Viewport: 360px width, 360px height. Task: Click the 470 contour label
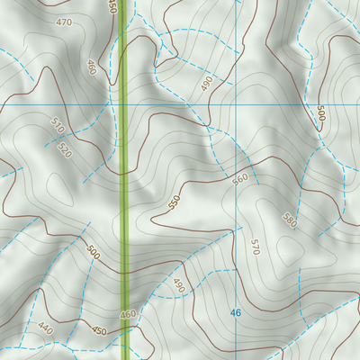click(x=63, y=22)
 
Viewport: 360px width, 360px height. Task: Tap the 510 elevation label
click(x=58, y=125)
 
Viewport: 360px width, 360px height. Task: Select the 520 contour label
click(x=65, y=149)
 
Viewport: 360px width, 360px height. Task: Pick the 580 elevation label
click(x=289, y=220)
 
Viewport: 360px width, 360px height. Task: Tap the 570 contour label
click(x=256, y=247)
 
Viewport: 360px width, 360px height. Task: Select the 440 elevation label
click(x=46, y=329)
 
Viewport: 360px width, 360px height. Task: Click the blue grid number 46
click(x=236, y=312)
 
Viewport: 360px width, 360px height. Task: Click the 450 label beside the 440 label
click(x=98, y=330)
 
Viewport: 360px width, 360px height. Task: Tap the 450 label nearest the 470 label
click(x=112, y=6)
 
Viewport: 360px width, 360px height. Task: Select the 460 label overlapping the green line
click(x=127, y=314)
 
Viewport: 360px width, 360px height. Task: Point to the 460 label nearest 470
click(x=92, y=67)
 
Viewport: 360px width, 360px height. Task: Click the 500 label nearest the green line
click(x=94, y=252)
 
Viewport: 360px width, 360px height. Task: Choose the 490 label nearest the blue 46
click(x=178, y=286)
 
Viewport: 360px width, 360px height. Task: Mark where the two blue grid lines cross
click(x=236, y=104)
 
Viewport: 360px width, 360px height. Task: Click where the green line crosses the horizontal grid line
click(x=123, y=104)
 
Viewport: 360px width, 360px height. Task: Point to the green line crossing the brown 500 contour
click(x=123, y=267)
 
